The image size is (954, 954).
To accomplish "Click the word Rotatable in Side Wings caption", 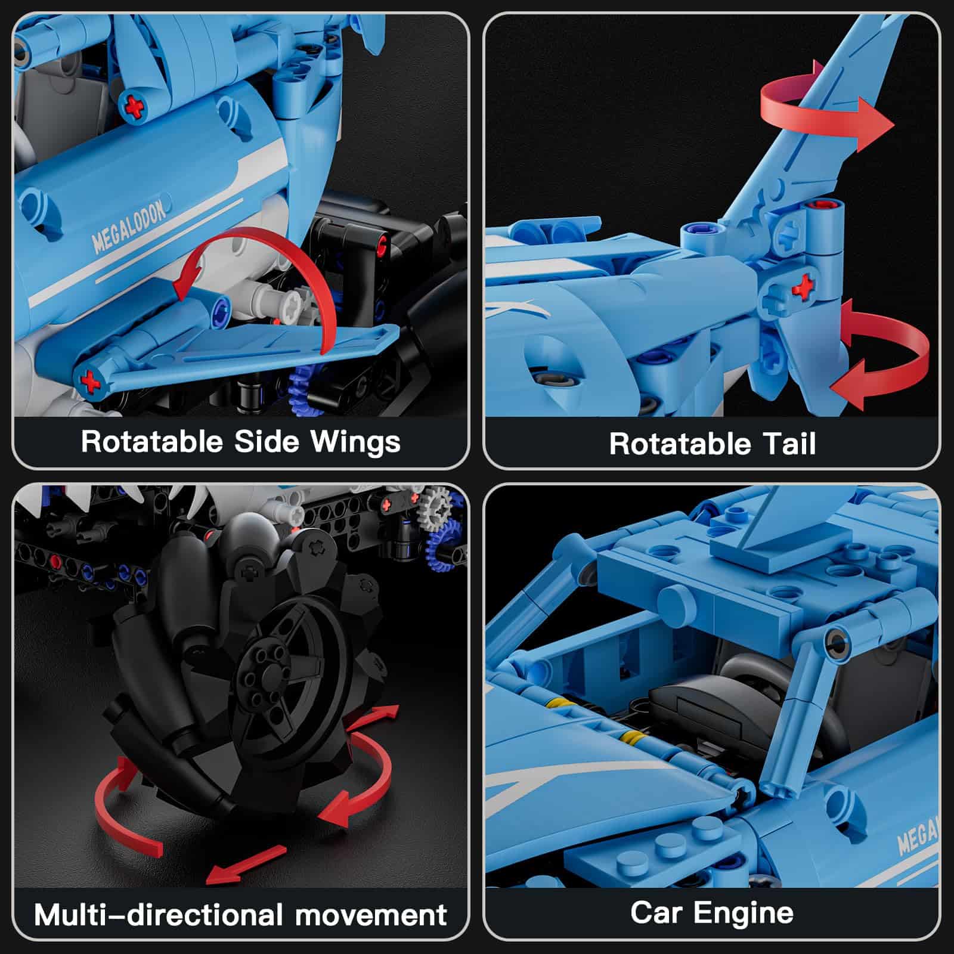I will pyautogui.click(x=151, y=442).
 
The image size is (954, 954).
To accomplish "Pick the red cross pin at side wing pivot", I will pyautogui.click(x=89, y=380).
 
